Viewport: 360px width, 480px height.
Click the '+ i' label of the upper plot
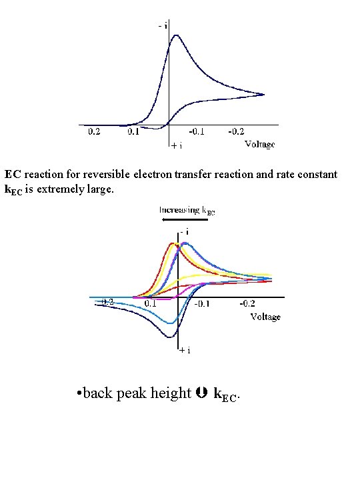[176, 144]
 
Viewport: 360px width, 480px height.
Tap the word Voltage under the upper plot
[259, 144]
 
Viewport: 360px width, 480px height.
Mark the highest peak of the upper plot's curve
[175, 35]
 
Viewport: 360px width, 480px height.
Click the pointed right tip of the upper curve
[264, 95]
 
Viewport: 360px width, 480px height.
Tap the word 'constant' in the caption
[316, 175]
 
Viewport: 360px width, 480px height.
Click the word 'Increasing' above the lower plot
[178, 210]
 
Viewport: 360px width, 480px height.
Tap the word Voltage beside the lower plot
[265, 317]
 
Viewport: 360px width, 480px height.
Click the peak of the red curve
[171, 244]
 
